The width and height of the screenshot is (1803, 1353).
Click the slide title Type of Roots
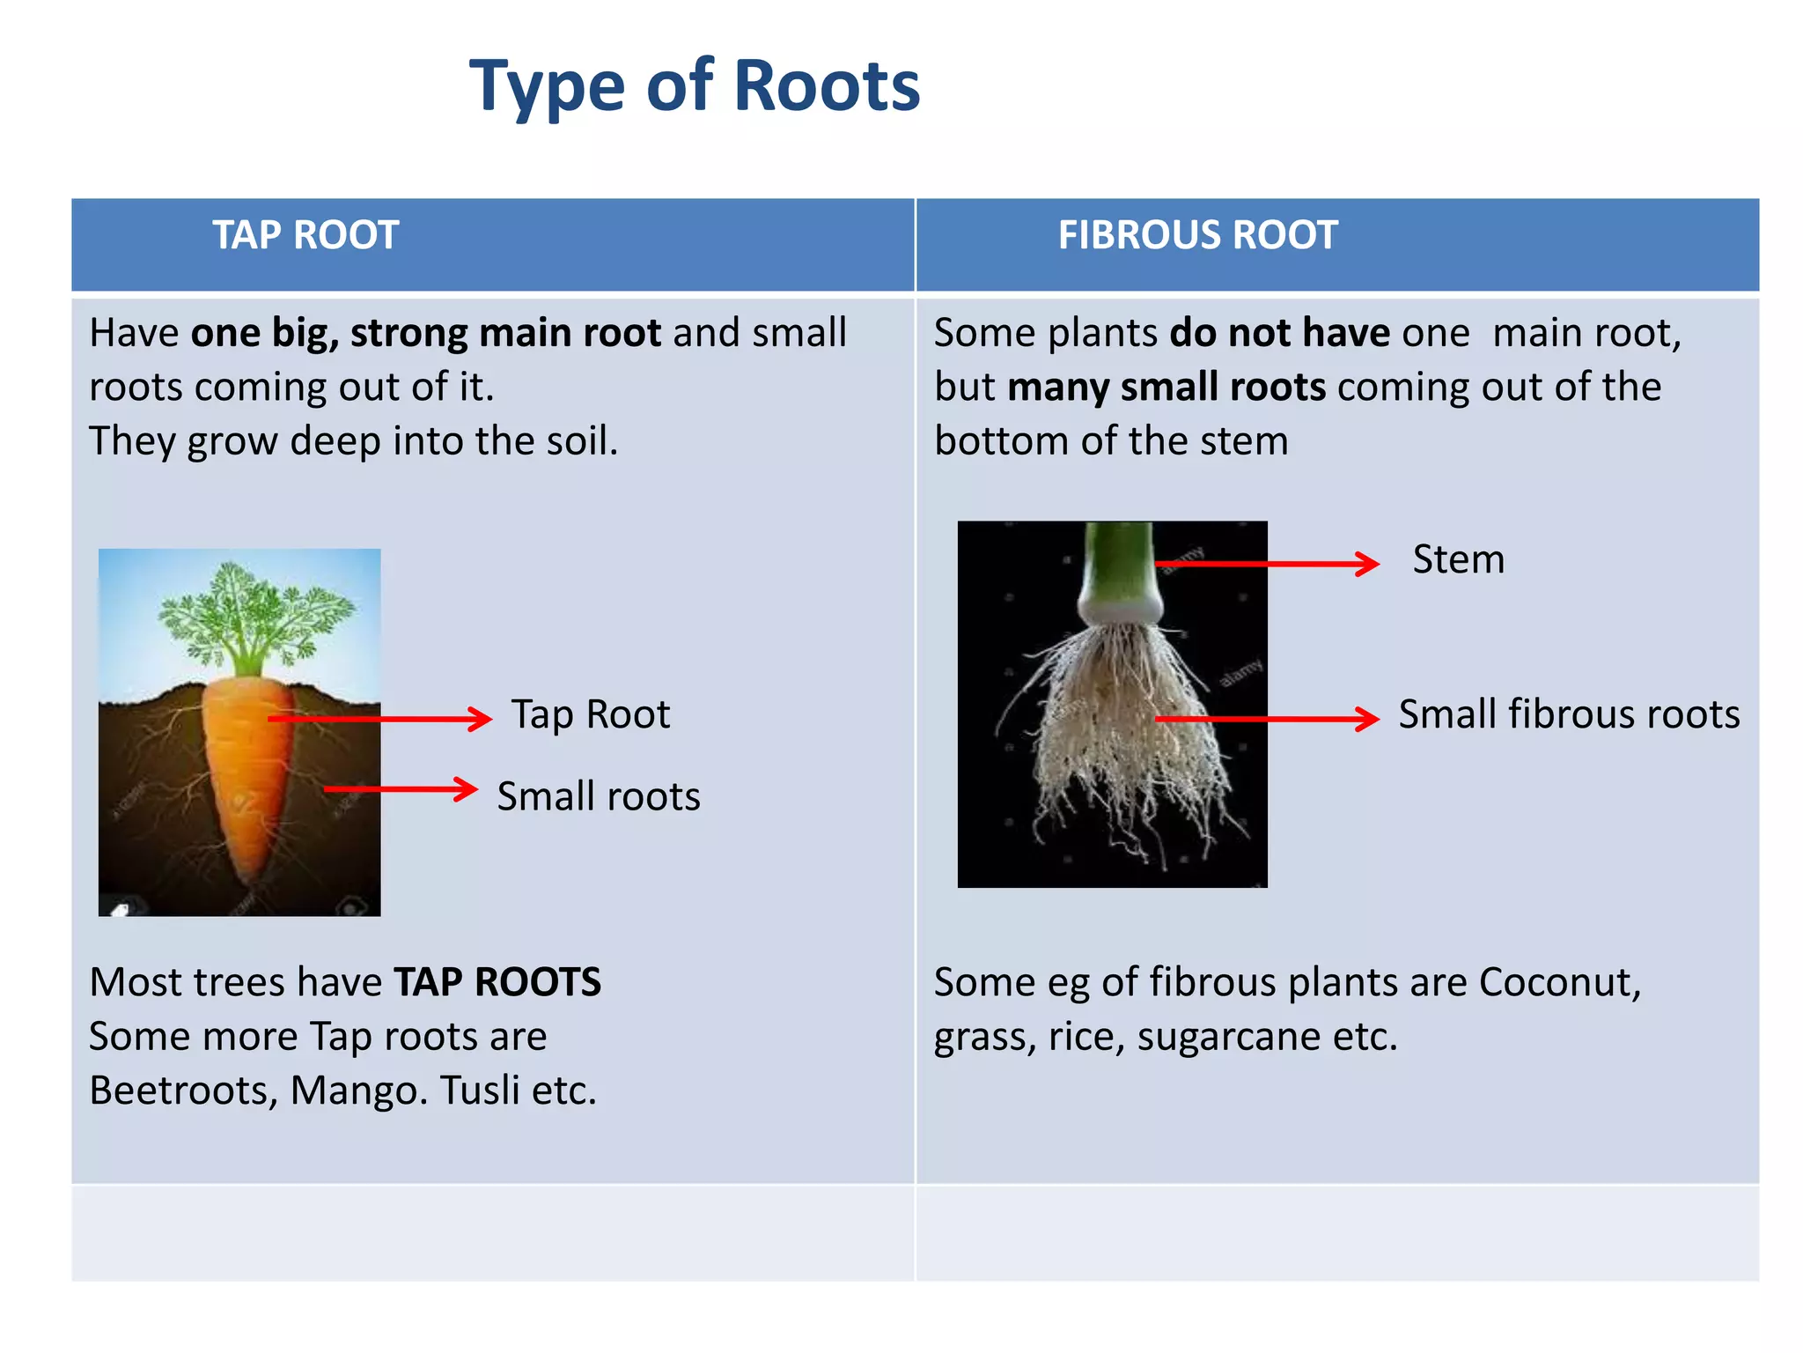(x=694, y=85)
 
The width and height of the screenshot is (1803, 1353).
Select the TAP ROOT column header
(x=305, y=235)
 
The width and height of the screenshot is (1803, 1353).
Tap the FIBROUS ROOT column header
(x=1197, y=235)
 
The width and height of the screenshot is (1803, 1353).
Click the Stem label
(x=1458, y=559)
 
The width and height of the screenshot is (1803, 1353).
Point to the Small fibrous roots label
(x=1569, y=714)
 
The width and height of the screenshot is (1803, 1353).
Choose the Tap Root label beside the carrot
(x=591, y=714)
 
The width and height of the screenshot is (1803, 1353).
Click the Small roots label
(x=599, y=796)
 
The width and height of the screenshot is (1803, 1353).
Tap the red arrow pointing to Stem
(x=1268, y=564)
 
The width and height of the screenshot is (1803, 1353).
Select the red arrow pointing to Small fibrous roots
(x=1268, y=719)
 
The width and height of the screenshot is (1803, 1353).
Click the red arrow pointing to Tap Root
(x=380, y=719)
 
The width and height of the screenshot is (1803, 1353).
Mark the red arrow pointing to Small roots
(x=401, y=789)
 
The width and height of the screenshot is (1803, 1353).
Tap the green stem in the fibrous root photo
(x=1118, y=564)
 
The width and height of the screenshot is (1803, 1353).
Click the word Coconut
(x=1559, y=982)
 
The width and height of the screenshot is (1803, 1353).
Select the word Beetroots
(x=183, y=1091)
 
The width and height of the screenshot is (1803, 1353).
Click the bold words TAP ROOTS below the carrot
(x=497, y=982)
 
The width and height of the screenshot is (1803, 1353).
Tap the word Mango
(x=358, y=1091)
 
